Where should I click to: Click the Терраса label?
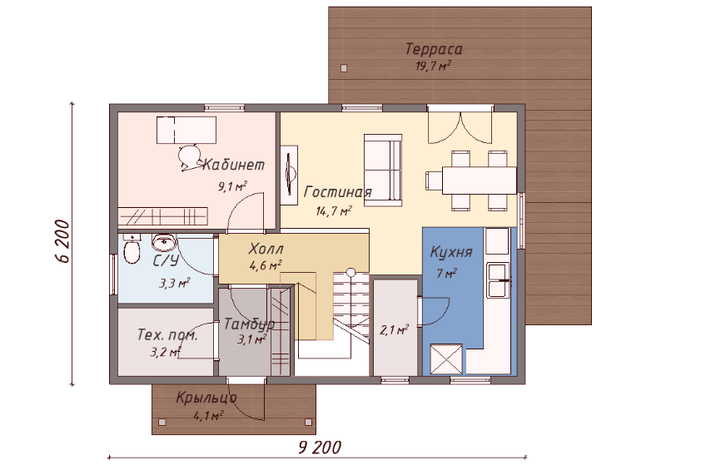(x=434, y=49)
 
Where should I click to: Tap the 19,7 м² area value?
(x=433, y=66)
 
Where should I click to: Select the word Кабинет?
(x=233, y=165)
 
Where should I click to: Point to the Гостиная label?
(x=337, y=192)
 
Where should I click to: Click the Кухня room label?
(x=451, y=252)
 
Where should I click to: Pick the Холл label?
(x=266, y=249)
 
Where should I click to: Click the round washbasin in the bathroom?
(x=164, y=242)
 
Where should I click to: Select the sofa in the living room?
(x=383, y=171)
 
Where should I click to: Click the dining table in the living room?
(x=480, y=180)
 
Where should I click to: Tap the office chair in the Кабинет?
(x=189, y=157)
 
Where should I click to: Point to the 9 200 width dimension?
(x=320, y=448)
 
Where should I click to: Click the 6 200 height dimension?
(x=63, y=241)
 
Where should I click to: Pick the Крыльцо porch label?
(x=206, y=398)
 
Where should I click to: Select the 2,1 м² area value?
(x=394, y=330)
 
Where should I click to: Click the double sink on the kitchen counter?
(x=498, y=280)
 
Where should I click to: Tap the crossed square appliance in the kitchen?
(x=445, y=359)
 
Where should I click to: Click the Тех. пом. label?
(x=167, y=335)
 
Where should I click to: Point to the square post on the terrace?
(x=344, y=68)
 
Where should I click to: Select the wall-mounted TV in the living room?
(x=290, y=175)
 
